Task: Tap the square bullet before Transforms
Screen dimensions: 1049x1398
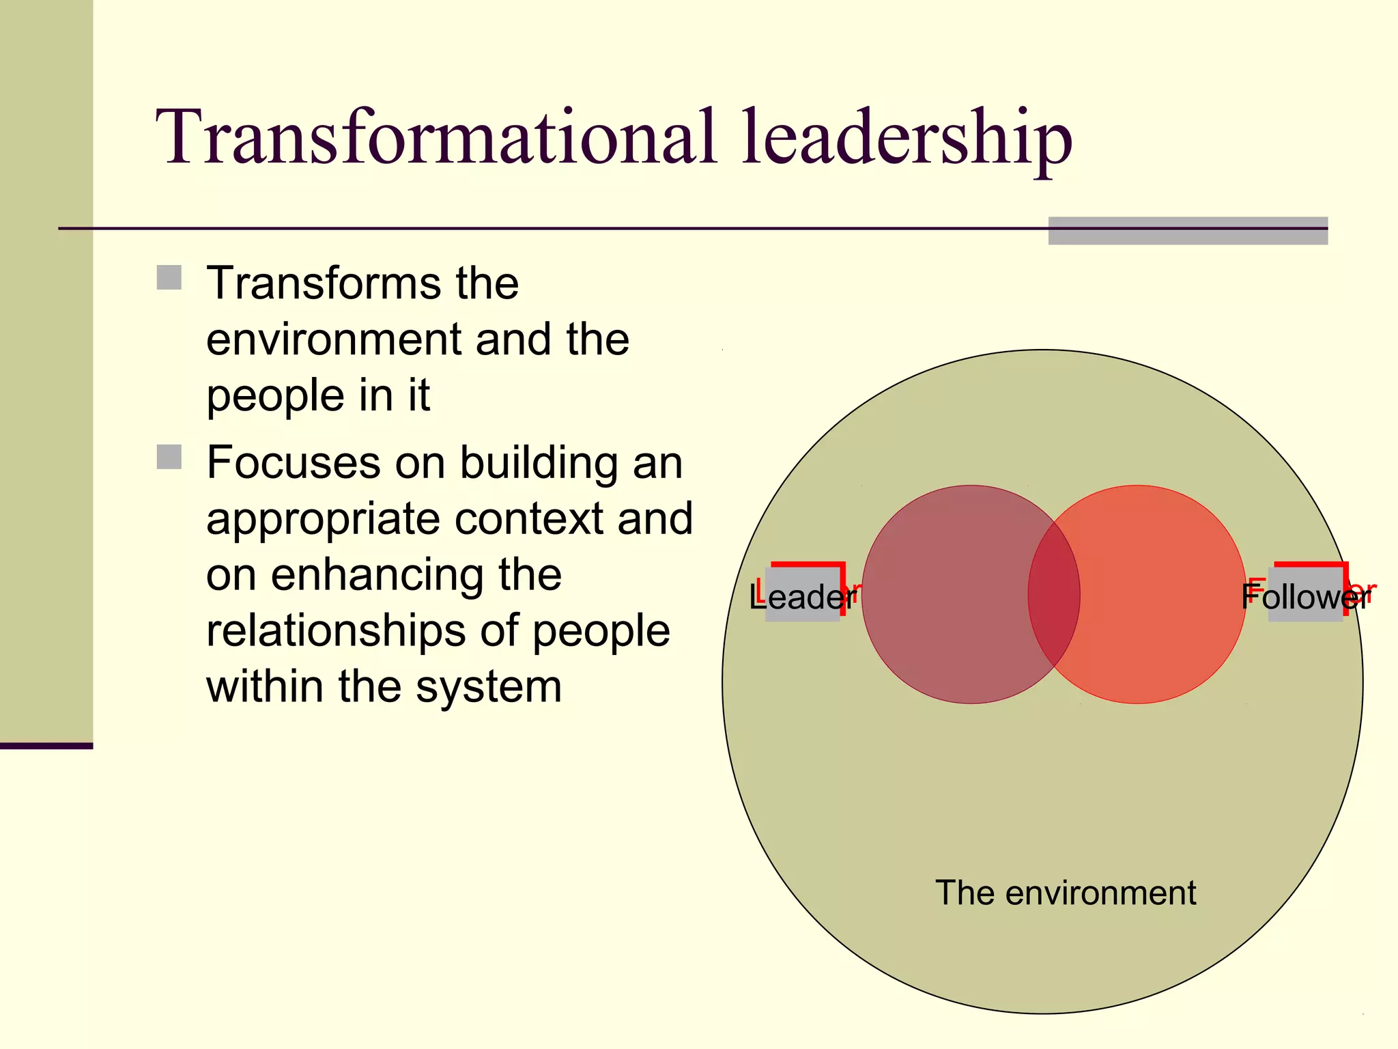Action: (169, 278)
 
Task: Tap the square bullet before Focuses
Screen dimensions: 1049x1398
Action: (169, 457)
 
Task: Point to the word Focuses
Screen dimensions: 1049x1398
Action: (294, 462)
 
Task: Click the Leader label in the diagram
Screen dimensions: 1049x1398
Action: (803, 596)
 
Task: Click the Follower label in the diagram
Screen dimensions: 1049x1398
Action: (1305, 596)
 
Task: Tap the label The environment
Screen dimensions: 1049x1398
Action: (1065, 893)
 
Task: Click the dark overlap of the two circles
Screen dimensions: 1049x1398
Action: (1054, 594)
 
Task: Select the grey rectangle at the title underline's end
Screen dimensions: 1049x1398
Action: (1188, 231)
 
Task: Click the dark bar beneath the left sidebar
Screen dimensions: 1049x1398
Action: (46, 746)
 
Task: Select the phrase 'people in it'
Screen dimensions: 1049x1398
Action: (318, 396)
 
